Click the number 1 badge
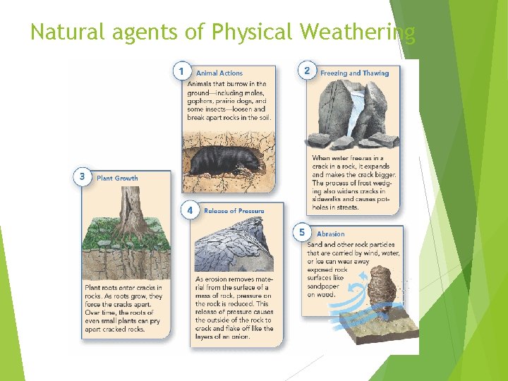pyautogui.click(x=182, y=71)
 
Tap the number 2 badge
pyautogui.click(x=307, y=71)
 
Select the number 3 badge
pyautogui.click(x=83, y=177)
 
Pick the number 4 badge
pyautogui.click(x=190, y=210)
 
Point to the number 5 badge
pyautogui.click(x=302, y=232)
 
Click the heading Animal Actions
pyautogui.click(x=219, y=73)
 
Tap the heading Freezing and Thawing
pyautogui.click(x=354, y=73)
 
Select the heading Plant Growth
pyautogui.click(x=117, y=179)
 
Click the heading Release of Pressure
pyautogui.click(x=234, y=211)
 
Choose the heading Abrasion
pyautogui.click(x=330, y=234)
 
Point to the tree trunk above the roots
pyautogui.click(x=130, y=205)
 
